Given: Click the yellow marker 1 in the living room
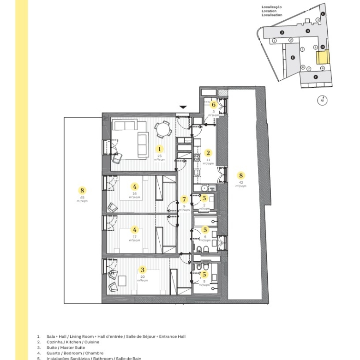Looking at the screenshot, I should (x=160, y=149).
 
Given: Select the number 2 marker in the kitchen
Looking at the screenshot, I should (x=208, y=153).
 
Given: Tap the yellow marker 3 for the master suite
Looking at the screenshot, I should (x=143, y=270).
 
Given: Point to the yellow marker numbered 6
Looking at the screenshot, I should (x=214, y=105).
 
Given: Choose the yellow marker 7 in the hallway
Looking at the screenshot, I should (x=184, y=199).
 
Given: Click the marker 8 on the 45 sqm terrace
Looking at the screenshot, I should (x=83, y=190).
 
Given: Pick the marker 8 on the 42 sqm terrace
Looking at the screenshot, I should (x=240, y=175).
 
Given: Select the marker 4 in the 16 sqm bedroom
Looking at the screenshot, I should (x=135, y=186).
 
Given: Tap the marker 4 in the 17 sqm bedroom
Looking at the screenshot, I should (x=135, y=229).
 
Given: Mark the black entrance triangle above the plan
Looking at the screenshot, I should (x=183, y=107).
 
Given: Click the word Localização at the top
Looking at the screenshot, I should (x=271, y=7).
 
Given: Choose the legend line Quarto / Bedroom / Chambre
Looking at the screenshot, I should (x=74, y=353).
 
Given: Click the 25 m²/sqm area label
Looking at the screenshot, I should (x=160, y=157).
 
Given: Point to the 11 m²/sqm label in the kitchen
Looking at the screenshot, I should (x=208, y=162).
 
